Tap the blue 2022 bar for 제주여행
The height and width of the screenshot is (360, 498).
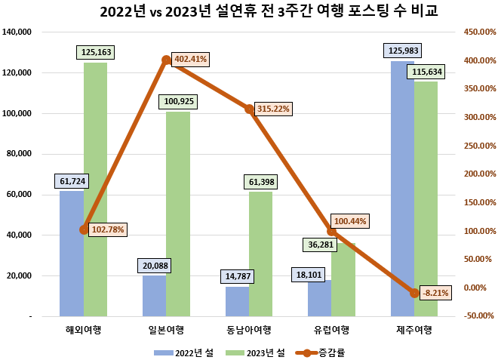[402, 189]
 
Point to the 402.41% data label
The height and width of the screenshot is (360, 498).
[190, 58]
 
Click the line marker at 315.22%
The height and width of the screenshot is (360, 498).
[249, 109]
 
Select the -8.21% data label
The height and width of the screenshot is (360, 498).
[436, 293]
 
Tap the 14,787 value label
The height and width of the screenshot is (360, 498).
[238, 277]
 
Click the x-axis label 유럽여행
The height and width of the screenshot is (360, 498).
[331, 329]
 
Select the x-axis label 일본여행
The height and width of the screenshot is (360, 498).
[166, 329]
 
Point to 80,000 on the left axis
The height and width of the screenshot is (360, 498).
[37, 154]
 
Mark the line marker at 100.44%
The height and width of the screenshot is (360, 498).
[331, 230]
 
